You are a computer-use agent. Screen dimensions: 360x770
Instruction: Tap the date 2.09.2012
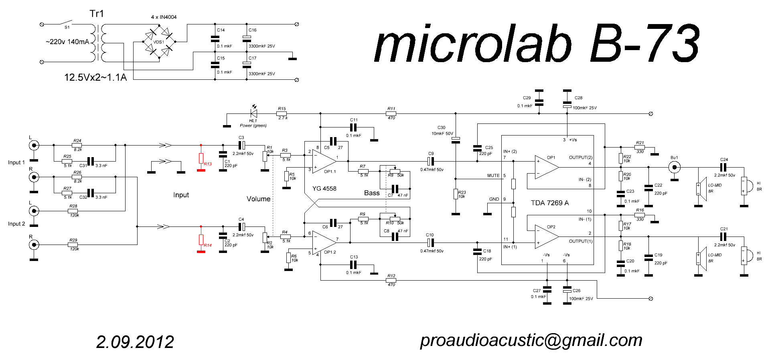[135, 342]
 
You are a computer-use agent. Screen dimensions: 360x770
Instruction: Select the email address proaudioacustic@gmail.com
[531, 340]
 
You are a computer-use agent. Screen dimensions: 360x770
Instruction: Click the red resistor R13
[201, 158]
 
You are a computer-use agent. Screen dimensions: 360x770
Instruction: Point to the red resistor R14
[201, 239]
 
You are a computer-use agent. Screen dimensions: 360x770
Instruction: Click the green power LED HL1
[253, 113]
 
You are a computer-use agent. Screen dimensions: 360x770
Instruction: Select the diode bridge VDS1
[159, 41]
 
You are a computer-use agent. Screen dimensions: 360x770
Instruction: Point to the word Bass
[372, 193]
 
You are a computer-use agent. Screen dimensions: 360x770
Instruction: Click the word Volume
[258, 199]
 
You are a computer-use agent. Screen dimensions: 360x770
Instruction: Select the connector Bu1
[675, 167]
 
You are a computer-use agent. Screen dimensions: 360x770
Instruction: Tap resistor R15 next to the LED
[282, 113]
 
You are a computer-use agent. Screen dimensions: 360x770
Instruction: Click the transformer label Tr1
[97, 14]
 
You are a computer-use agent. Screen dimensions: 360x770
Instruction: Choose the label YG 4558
[324, 188]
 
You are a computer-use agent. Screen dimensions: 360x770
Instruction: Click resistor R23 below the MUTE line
[456, 194]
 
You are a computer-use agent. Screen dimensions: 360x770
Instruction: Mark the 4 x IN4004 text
[164, 17]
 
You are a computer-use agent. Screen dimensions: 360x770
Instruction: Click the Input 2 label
[16, 224]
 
